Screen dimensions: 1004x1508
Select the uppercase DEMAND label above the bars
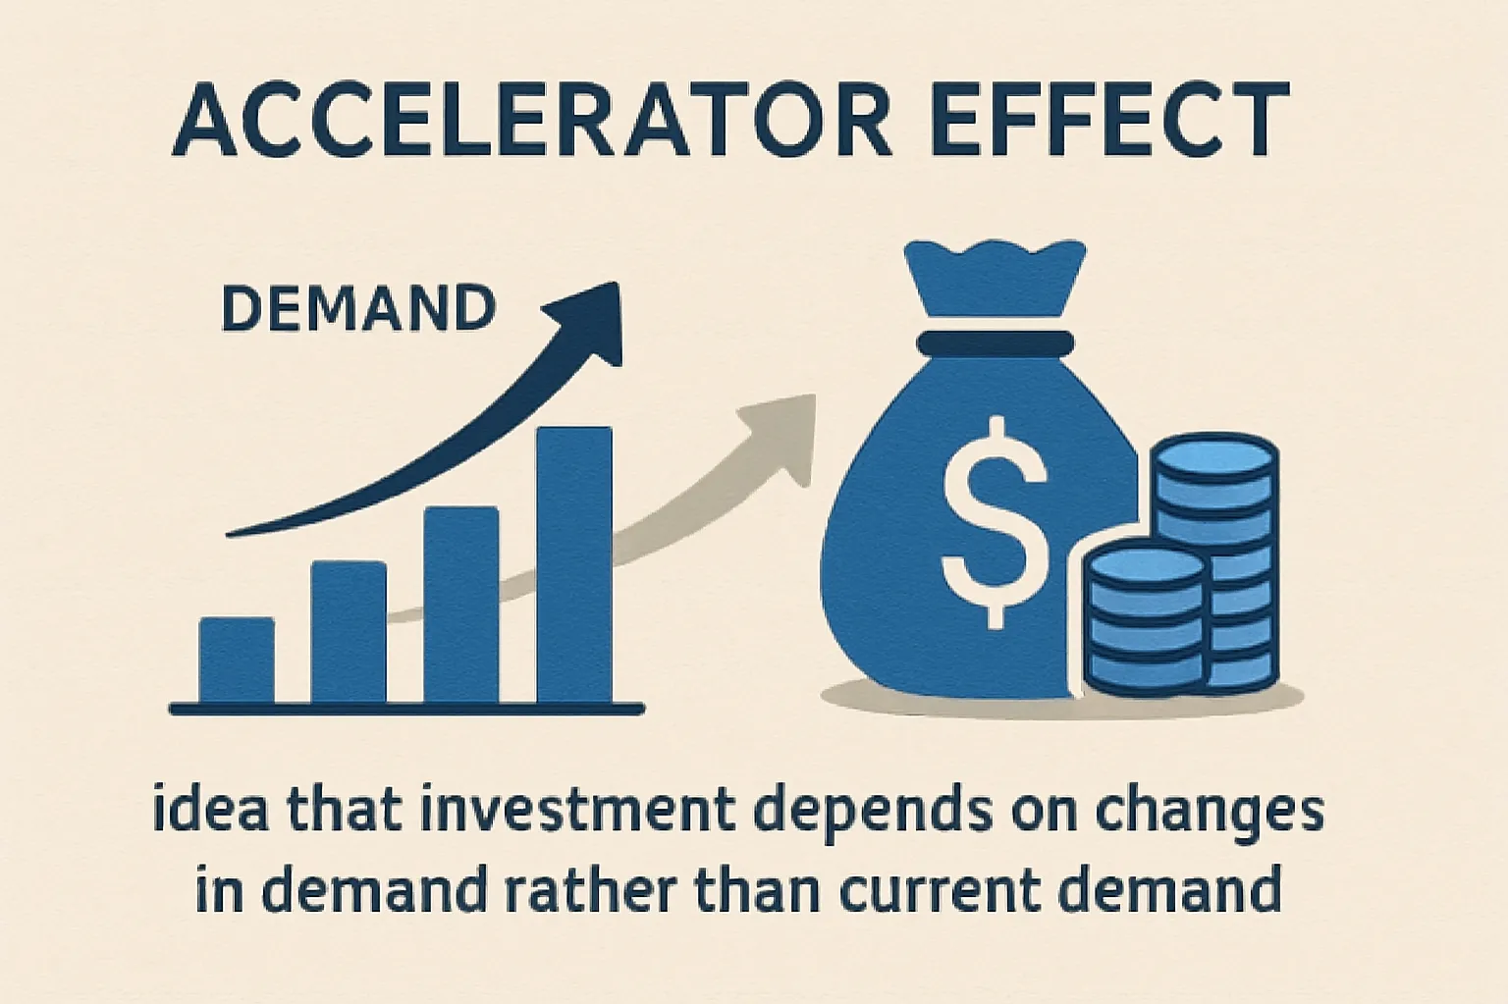(358, 309)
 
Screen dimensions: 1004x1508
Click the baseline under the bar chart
(406, 708)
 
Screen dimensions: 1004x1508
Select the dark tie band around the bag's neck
(995, 343)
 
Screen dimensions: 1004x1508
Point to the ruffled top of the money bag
(995, 275)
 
